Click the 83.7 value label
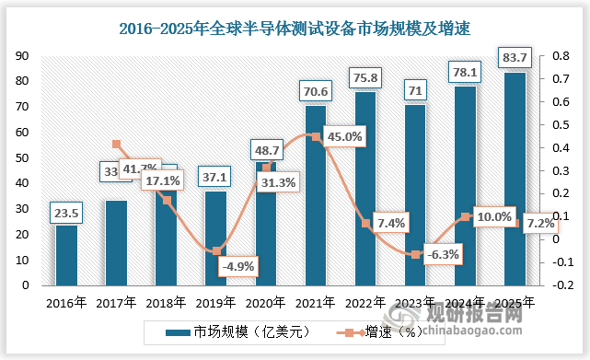click(x=515, y=59)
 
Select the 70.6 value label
click(x=316, y=91)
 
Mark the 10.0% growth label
click(x=493, y=216)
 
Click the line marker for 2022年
click(x=365, y=223)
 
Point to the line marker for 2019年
click(x=216, y=250)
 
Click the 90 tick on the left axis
click(x=17, y=56)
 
